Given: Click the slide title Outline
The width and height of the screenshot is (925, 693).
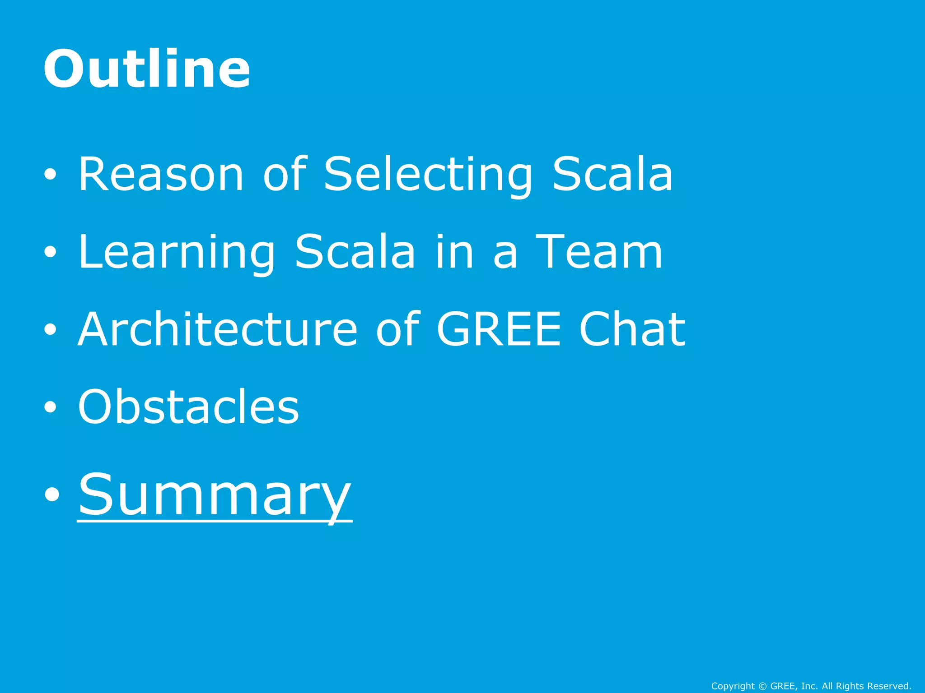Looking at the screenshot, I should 147,69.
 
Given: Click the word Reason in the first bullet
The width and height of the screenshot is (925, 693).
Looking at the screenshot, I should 161,174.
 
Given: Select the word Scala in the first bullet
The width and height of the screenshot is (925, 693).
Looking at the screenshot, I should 612,174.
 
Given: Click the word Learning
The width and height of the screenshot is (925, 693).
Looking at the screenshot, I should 176,253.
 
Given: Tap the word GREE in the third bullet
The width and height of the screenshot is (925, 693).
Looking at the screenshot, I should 499,329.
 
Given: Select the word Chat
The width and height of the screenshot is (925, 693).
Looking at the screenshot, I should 632,329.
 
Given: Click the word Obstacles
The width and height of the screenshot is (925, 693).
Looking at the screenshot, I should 188,407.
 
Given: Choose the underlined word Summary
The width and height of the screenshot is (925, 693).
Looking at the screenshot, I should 215,495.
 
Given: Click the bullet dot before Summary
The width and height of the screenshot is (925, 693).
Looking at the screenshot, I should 52,494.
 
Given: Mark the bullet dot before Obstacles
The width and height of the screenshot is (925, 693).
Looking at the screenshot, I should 51,407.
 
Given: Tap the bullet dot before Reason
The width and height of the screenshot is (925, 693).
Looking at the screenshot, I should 51,175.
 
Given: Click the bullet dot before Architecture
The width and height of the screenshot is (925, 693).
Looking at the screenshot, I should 51,330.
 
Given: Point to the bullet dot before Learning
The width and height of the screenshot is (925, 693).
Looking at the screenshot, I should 51,252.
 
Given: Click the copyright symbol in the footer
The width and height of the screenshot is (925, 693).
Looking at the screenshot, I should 763,686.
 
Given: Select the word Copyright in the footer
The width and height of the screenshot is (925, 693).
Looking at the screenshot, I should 733,686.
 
